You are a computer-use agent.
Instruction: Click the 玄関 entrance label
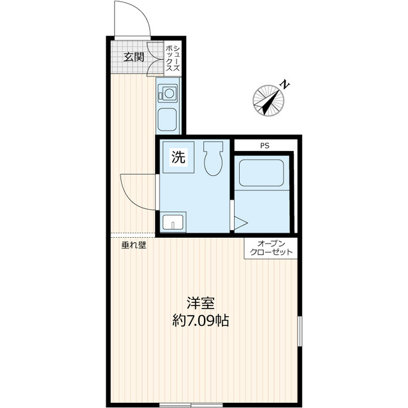134,57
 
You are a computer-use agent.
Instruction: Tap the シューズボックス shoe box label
173,58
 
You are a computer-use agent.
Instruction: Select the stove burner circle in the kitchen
170,94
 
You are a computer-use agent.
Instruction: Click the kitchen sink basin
167,120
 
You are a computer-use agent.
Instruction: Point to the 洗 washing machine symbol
178,157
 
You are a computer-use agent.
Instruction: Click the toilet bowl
213,159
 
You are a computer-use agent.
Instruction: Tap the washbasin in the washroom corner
173,222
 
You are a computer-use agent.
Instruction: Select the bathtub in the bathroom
261,173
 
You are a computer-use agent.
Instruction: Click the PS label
265,146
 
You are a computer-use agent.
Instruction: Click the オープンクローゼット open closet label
271,248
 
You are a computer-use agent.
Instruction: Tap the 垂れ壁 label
134,245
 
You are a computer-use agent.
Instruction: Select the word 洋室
201,303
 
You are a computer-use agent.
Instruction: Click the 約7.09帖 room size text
201,321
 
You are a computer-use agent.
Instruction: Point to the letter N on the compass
285,85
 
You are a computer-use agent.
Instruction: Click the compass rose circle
268,101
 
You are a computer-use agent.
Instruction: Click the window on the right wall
300,331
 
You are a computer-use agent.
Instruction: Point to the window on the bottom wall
191,405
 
